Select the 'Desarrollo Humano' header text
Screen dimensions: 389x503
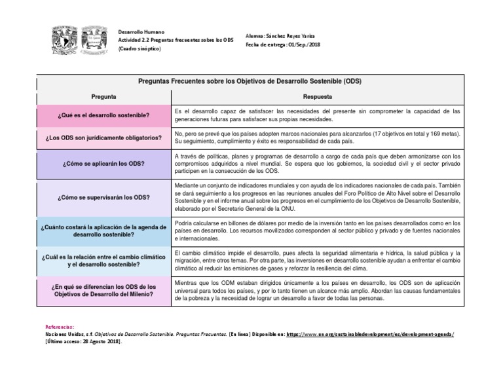tap(141, 31)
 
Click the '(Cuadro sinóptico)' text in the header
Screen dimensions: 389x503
tap(139, 49)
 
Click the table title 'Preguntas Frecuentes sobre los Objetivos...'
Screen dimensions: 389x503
tap(250, 82)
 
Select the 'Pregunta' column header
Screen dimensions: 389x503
tap(104, 96)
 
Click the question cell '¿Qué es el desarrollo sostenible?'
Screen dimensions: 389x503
tap(105, 115)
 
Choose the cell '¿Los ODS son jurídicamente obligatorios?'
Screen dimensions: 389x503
tap(105, 138)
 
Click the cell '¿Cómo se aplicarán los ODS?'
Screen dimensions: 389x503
tap(105, 164)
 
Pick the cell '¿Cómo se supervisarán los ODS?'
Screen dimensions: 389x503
tap(105, 196)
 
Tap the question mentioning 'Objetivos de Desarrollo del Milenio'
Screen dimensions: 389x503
tap(105, 290)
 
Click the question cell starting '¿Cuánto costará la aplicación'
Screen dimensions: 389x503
tap(105, 230)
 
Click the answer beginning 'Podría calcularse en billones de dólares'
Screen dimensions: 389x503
tap(318, 231)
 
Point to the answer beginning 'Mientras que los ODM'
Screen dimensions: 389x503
tap(318, 290)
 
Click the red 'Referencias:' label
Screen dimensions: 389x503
tap(60, 326)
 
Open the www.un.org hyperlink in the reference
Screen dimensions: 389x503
tap(369, 333)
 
